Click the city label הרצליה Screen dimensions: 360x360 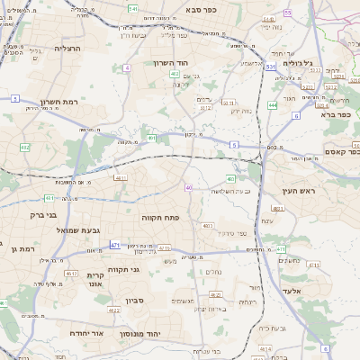click(67, 49)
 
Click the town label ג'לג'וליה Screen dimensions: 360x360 click(297, 63)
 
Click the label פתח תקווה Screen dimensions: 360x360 click(162, 217)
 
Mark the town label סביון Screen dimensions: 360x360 click(135, 300)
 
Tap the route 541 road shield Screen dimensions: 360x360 click(132, 8)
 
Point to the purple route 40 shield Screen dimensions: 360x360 click(189, 187)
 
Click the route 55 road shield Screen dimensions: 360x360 click(288, 13)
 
